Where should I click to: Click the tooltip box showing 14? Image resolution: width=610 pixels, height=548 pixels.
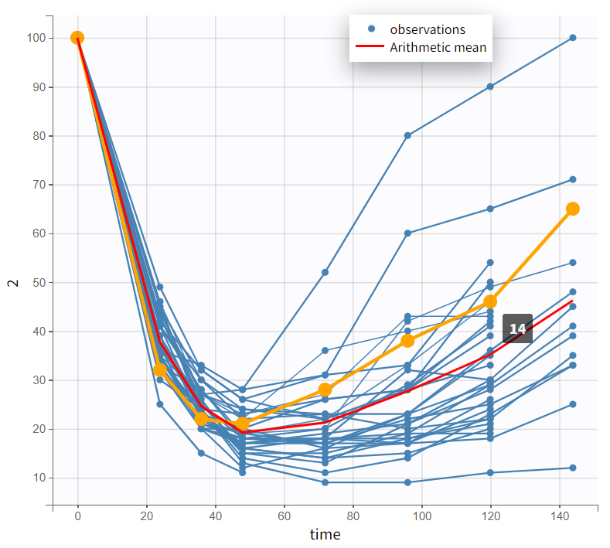(517, 329)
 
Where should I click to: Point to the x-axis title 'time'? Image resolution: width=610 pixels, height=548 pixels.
(325, 534)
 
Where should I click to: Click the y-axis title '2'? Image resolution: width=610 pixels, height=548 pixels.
(12, 282)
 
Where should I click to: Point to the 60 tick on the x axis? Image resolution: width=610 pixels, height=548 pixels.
(284, 516)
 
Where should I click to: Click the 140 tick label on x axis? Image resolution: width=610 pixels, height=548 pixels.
(559, 516)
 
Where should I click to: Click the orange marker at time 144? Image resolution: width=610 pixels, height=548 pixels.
(573, 209)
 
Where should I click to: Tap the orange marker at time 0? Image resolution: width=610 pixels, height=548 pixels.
(77, 38)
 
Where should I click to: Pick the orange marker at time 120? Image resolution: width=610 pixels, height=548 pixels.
(490, 301)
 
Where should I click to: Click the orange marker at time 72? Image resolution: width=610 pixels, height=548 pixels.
(325, 390)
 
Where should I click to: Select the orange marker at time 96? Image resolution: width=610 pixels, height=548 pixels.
(407, 341)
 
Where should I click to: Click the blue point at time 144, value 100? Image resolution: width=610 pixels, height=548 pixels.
(573, 38)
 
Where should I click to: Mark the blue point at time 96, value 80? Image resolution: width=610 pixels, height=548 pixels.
(407, 135)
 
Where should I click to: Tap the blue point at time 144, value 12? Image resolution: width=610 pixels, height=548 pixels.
(573, 468)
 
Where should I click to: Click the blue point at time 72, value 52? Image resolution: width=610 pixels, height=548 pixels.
(325, 272)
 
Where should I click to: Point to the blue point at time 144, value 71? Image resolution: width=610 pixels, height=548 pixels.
(573, 179)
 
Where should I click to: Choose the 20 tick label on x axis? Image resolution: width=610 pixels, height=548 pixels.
(146, 516)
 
